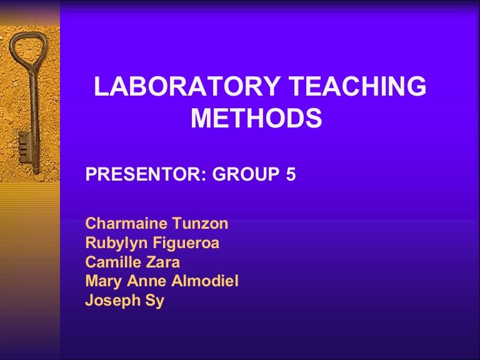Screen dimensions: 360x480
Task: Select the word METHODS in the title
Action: coord(256,119)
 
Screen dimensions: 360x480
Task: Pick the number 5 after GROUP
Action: coord(291,176)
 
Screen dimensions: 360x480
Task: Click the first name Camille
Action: coord(109,262)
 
